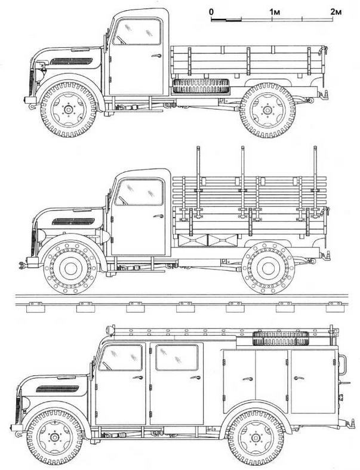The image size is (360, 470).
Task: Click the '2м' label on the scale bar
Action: (x=336, y=12)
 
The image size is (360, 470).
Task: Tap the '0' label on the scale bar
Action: (x=211, y=12)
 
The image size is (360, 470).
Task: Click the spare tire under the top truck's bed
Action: (x=201, y=86)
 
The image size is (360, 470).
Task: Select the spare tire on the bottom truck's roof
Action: (x=281, y=338)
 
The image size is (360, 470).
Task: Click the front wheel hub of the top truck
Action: (x=69, y=110)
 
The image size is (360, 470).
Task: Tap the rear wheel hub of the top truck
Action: (x=267, y=110)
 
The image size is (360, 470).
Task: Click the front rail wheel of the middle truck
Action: (x=70, y=268)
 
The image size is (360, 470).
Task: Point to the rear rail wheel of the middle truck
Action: (x=268, y=268)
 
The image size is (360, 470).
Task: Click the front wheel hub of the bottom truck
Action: (x=54, y=437)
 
